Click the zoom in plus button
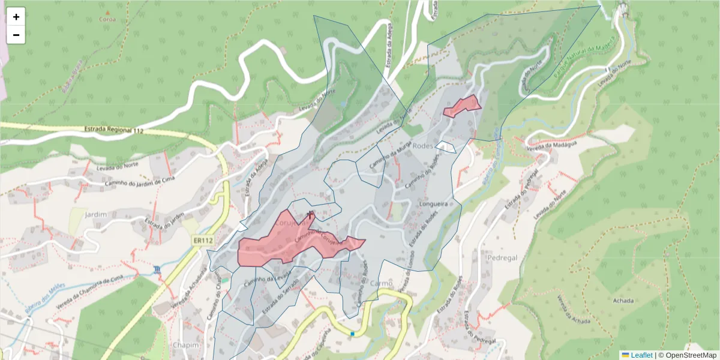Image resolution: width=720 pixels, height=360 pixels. [x=16, y=17]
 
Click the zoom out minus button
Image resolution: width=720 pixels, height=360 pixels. [x=16, y=35]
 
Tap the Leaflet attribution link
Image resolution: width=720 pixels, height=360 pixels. [x=641, y=355]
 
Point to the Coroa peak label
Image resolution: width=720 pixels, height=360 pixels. [x=107, y=19]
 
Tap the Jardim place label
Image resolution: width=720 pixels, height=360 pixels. [x=96, y=214]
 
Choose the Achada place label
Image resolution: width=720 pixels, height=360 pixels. [x=622, y=300]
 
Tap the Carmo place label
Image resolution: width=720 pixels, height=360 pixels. [x=382, y=283]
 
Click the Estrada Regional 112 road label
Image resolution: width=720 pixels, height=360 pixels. [x=114, y=130]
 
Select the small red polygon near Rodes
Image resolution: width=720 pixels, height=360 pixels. [x=463, y=106]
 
